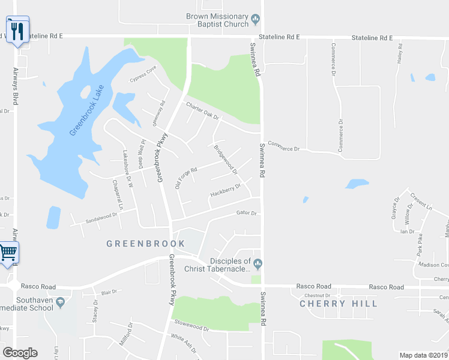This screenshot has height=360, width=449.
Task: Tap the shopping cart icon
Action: pos(8,253)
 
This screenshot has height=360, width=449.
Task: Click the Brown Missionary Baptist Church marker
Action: pos(256,19)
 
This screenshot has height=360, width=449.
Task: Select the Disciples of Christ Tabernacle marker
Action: pos(258,263)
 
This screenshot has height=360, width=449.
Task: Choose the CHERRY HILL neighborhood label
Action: pos(339,304)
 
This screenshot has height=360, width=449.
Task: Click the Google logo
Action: pos(20,353)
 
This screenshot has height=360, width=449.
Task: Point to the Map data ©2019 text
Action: pos(423,355)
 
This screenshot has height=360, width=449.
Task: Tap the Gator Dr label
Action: pos(246,213)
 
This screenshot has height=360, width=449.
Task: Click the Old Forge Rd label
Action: pos(185,178)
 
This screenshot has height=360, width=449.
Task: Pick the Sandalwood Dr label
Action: pos(100,217)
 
